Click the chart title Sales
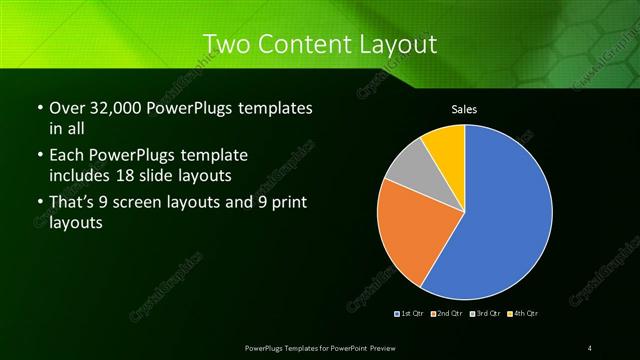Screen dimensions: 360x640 tap(464, 107)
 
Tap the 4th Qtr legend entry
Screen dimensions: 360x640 tap(522, 314)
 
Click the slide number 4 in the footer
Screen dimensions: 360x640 tap(591, 347)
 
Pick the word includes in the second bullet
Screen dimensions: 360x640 tap(78, 174)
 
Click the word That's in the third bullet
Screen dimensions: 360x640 tap(70, 205)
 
